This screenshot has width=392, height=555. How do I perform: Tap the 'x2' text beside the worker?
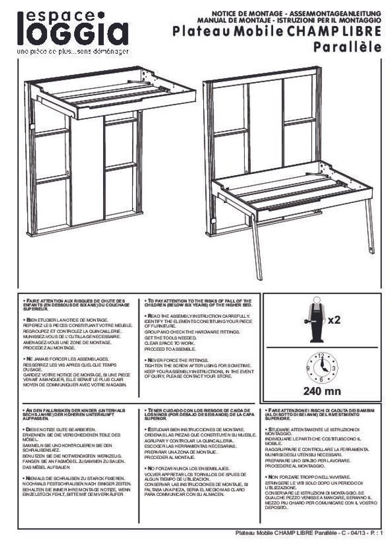334,319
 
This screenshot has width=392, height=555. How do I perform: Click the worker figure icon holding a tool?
313,319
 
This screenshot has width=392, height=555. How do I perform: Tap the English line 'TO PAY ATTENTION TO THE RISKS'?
200,300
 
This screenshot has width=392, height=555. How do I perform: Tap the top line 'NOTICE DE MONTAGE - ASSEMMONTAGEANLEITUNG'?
296,13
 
